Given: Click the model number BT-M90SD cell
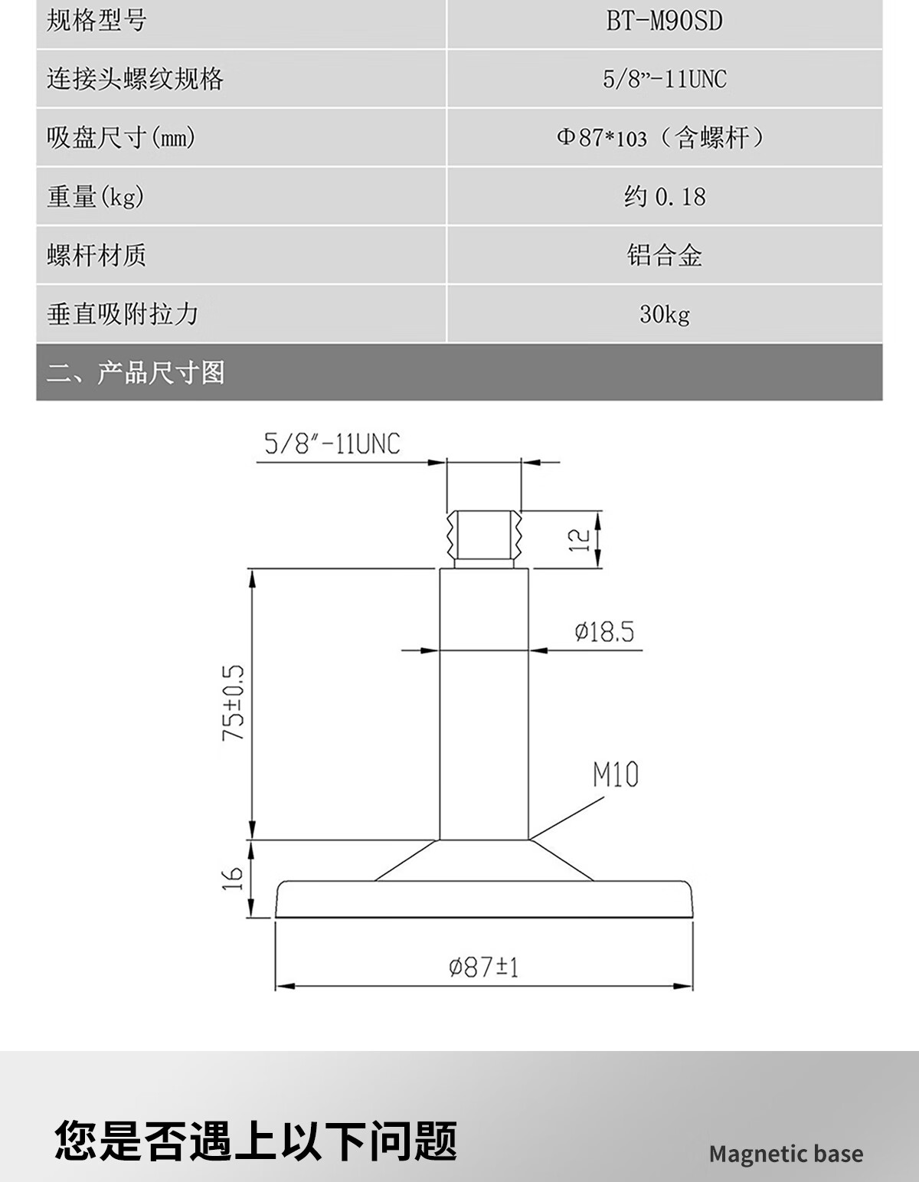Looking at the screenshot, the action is coord(664,21).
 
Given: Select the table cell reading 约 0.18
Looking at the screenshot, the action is coord(664,197).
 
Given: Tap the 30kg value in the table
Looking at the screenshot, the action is coord(664,314).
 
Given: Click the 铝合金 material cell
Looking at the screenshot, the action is coord(664,255).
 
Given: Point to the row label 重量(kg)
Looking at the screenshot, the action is coord(96,197).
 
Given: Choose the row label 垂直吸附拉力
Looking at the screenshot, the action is coord(123,314).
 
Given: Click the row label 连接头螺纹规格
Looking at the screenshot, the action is coord(135,79).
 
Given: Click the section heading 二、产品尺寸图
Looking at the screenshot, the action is coord(136,373).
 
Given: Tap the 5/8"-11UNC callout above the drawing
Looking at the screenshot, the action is coord(332,444).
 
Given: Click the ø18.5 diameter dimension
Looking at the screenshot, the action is coord(604,632).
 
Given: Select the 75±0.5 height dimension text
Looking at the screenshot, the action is coord(234,702).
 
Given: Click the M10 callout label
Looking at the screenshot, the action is coord(615,775).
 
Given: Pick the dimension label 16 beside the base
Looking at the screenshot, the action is coord(234,878).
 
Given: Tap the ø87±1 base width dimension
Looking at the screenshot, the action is coord(483,968).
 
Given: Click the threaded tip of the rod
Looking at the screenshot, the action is coord(483,536).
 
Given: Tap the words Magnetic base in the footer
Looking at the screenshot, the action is coord(786,1154).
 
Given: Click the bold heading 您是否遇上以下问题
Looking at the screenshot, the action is coord(256,1141).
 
